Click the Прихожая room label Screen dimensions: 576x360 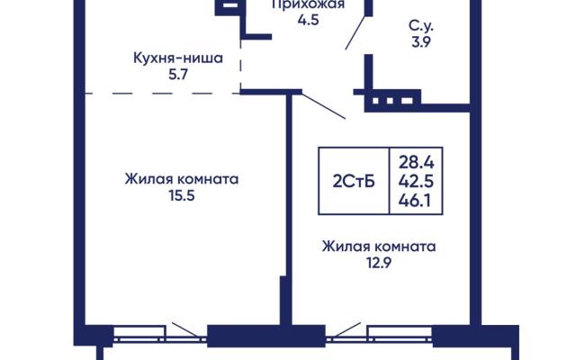(x=309, y=4)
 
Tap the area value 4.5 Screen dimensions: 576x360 (x=308, y=20)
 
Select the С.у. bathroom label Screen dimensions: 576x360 (x=421, y=26)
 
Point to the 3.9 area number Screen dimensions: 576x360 (x=421, y=42)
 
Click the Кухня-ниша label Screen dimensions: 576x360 (x=178, y=58)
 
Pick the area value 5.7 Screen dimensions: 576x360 (x=178, y=75)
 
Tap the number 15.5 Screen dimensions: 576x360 (x=182, y=195)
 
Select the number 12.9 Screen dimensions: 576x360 (x=379, y=263)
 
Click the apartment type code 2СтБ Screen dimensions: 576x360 (x=354, y=181)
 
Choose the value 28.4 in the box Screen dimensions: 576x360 (x=416, y=162)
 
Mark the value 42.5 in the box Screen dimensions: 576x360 (x=416, y=181)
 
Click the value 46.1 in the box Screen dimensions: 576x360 (x=415, y=201)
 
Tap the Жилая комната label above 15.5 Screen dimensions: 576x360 (x=182, y=179)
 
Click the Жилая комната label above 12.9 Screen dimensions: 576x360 (x=379, y=246)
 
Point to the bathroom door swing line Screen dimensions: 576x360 (x=355, y=32)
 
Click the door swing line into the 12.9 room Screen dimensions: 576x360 (x=323, y=106)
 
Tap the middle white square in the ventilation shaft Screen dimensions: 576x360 (x=390, y=100)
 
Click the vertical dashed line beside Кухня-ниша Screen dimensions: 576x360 (x=240, y=63)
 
